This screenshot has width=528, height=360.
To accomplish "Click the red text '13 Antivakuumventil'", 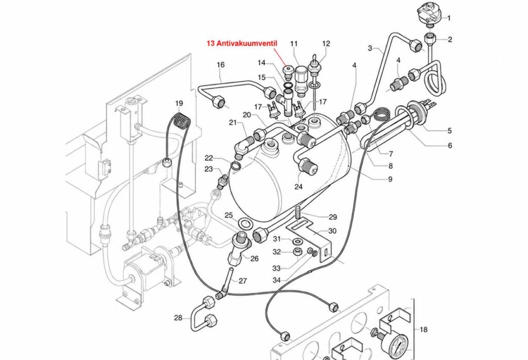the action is [241, 43].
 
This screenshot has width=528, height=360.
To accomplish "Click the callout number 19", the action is [179, 103].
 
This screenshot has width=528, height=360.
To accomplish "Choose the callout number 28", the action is [178, 318].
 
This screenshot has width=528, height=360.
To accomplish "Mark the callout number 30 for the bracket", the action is [332, 231].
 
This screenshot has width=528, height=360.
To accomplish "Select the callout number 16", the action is [221, 64].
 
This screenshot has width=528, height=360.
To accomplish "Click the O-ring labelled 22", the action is [236, 166].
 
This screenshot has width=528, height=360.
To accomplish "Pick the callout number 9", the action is [390, 179].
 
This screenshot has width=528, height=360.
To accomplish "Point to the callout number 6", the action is [450, 145].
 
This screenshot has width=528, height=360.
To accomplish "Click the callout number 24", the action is [299, 186].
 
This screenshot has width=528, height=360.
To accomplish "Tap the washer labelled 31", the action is [298, 241].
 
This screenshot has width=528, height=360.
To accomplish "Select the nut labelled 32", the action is [297, 252].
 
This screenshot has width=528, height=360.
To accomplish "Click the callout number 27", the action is [243, 281].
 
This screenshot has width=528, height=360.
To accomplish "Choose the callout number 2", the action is [450, 39].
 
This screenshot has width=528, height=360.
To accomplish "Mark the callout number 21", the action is [233, 123].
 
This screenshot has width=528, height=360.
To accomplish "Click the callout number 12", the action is [326, 43].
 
